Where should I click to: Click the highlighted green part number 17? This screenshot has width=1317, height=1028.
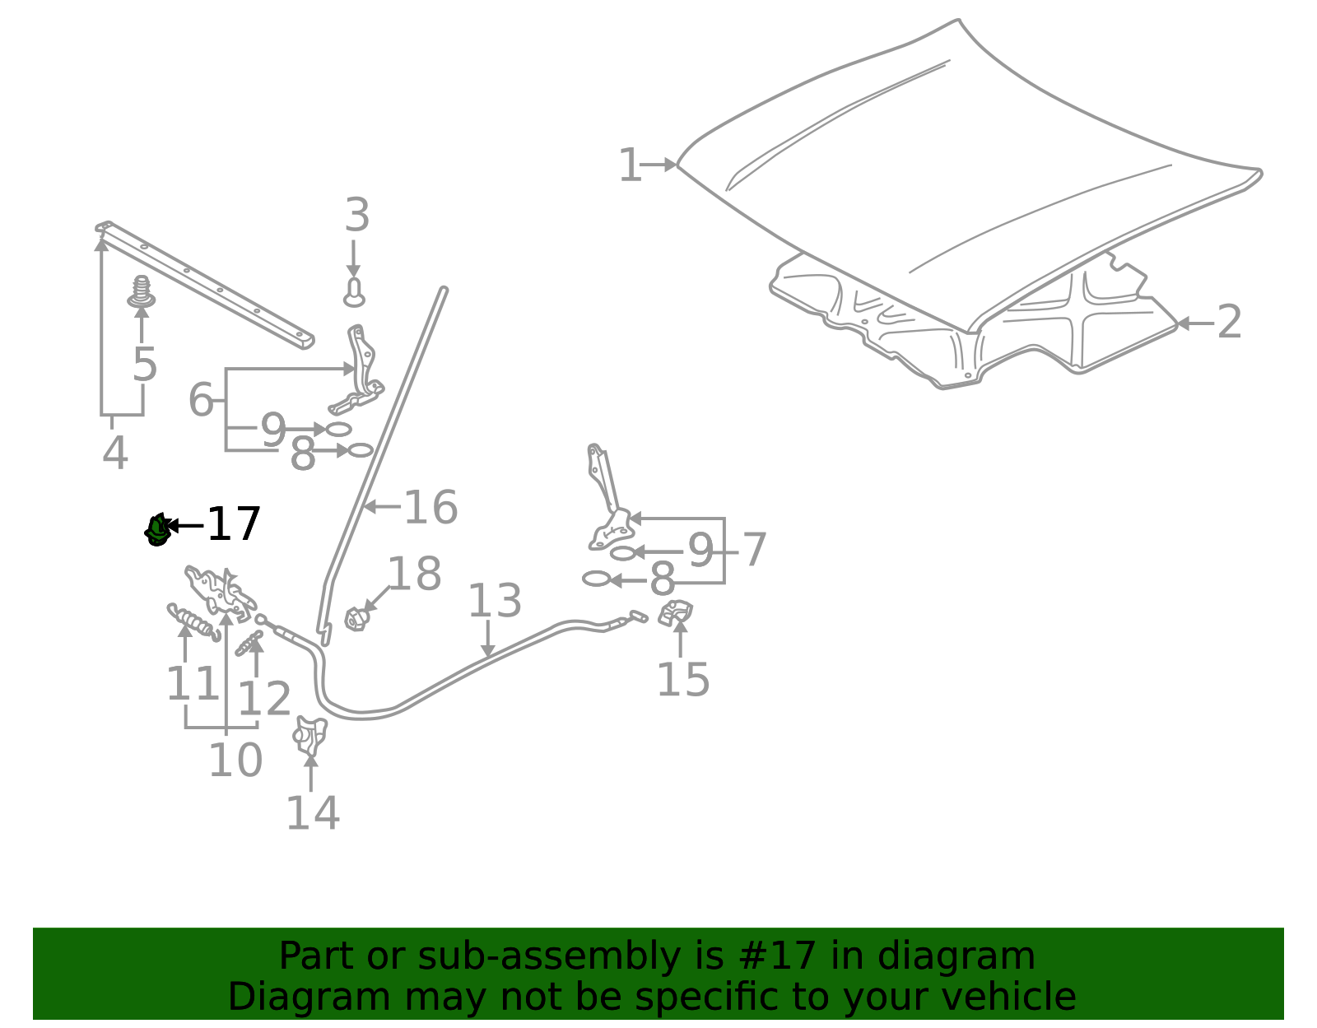tap(157, 530)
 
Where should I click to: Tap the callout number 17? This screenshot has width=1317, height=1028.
tap(234, 524)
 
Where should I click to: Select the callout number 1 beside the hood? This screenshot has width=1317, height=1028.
tap(629, 165)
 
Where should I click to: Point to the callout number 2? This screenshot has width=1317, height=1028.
tap(1229, 322)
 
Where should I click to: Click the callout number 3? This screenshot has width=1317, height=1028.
tap(357, 215)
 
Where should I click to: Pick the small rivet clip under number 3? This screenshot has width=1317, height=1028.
tap(354, 292)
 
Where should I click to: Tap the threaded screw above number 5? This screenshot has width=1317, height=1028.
tap(142, 292)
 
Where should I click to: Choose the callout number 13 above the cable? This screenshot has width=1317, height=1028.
tap(495, 600)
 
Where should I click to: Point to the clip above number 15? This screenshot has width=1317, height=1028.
tap(675, 613)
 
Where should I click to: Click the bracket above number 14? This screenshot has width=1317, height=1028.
tap(309, 736)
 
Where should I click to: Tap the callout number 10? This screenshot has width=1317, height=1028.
tap(235, 760)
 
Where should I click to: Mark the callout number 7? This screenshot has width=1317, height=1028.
tap(755, 550)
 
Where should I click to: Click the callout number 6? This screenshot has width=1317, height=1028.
tap(201, 400)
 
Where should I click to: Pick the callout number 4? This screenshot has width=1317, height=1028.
tap(114, 453)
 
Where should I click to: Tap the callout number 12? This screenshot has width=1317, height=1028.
tap(264, 699)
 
